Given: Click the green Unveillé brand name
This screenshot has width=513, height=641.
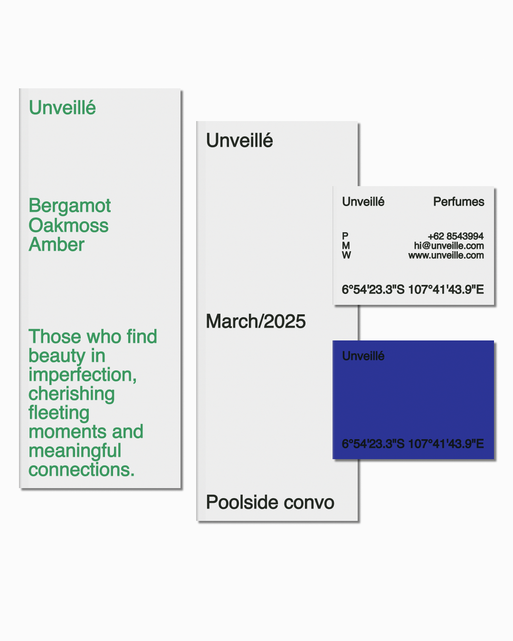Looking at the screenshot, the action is (x=62, y=107).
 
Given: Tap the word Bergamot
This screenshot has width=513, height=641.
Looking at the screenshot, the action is (x=70, y=206).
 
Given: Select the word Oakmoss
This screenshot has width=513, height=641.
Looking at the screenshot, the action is (x=68, y=225).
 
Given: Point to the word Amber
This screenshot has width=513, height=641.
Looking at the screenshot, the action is (x=57, y=245).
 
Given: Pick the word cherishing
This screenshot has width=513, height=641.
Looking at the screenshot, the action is (x=72, y=394).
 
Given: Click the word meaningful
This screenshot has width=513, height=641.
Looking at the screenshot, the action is (x=75, y=451).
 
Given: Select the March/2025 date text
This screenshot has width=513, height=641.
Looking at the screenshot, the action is (x=256, y=321).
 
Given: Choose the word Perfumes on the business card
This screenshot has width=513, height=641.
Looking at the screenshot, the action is (x=459, y=202).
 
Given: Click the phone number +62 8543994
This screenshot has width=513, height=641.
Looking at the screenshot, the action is (x=456, y=236).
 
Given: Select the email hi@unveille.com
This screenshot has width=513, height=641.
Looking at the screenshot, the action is (x=449, y=246).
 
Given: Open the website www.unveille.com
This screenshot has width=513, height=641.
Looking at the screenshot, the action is (x=446, y=255).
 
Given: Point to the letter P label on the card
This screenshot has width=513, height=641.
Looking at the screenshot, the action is (x=345, y=236).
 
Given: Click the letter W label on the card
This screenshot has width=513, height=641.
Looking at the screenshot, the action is (x=346, y=255).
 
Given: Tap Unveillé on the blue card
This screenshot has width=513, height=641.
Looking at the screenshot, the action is (x=363, y=356).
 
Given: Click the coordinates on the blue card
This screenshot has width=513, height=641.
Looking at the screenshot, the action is (x=413, y=444).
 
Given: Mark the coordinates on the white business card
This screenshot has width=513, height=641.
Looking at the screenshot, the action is (x=413, y=290).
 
